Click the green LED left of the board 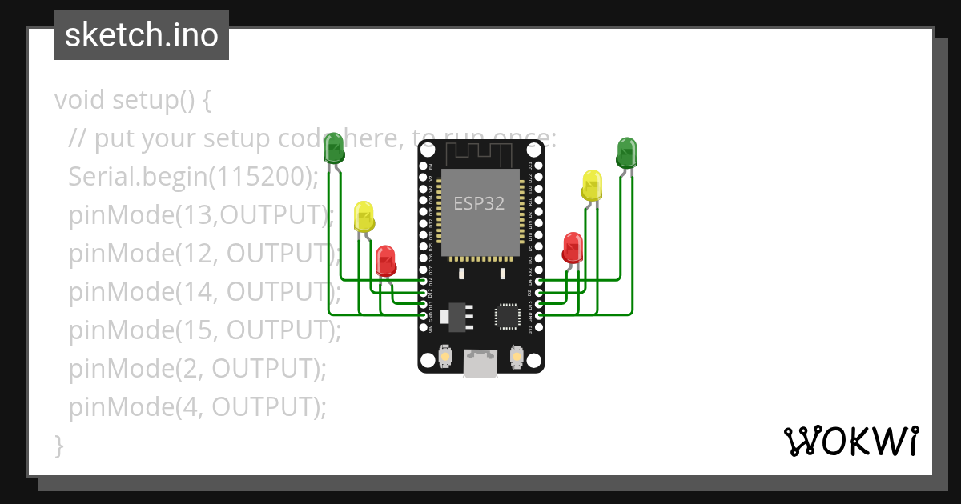pos(333,149)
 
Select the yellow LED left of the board pos(364,216)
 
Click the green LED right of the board pos(626,152)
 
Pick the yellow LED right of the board pos(592,185)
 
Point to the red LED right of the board pos(573,247)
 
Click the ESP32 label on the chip pos(479,203)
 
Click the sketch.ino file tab pos(142,35)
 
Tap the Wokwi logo pos(850,441)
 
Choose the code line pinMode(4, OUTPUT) pos(198,407)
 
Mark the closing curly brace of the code pos(58,445)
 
